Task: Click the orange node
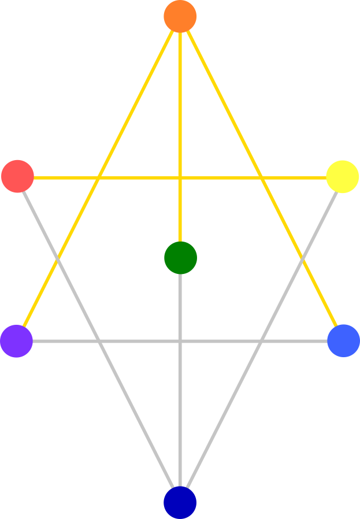[180, 16]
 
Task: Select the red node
[17, 176]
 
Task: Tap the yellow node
[342, 176]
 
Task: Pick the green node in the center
[180, 258]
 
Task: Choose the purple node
[16, 341]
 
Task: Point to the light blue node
[343, 341]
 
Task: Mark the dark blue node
[180, 502]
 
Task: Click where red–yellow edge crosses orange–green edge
[180, 177]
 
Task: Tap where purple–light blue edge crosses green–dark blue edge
[180, 341]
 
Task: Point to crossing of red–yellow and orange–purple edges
[99, 177]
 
